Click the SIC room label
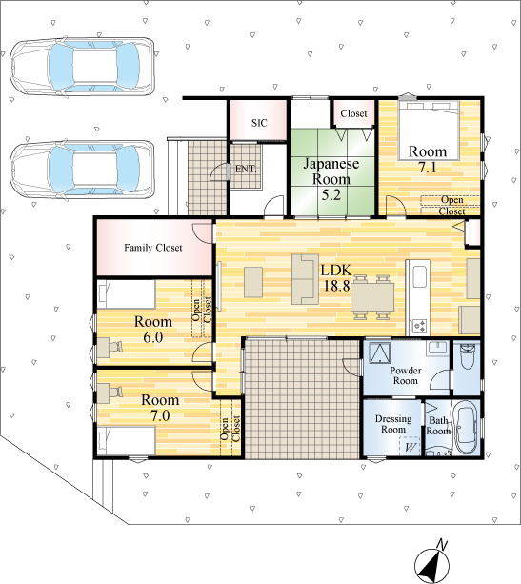pyautogui.click(x=259, y=123)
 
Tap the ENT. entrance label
pyautogui.click(x=246, y=169)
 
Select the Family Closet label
pyautogui.click(x=153, y=248)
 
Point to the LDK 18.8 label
pyautogui.click(x=336, y=278)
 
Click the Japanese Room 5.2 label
pyautogui.click(x=331, y=179)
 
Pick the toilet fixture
pyautogui.click(x=467, y=356)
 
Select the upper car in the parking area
pyautogui.click(x=82, y=67)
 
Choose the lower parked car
pyautogui.click(x=82, y=171)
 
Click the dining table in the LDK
pyautogui.click(x=372, y=297)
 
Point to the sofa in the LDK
pyautogui.click(x=306, y=279)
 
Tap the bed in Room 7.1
pyautogui.click(x=429, y=131)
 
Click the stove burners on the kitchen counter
pyautogui.click(x=420, y=326)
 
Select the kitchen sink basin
pyautogui.click(x=420, y=276)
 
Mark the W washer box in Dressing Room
pyautogui.click(x=410, y=447)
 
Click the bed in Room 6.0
pyautogui.click(x=127, y=294)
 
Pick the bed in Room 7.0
pyautogui.click(x=127, y=441)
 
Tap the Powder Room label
pyautogui.click(x=406, y=375)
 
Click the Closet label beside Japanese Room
pyautogui.click(x=353, y=113)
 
